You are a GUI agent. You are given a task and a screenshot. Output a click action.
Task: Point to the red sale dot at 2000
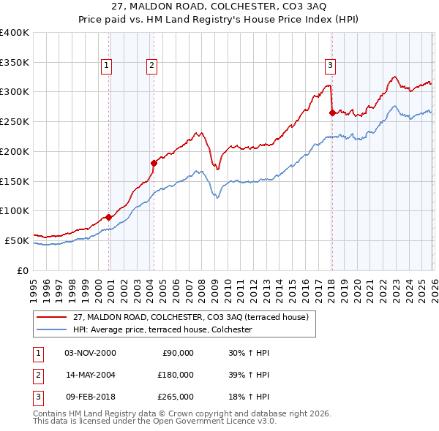pyautogui.click(x=109, y=217)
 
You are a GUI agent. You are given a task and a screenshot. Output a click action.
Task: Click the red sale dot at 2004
pyautogui.click(x=154, y=163)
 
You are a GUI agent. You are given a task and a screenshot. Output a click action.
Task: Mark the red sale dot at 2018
pyautogui.click(x=332, y=112)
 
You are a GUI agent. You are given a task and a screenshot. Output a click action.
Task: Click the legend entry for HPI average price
pyautogui.click(x=162, y=329)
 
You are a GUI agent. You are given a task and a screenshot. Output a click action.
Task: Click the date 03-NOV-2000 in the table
pyautogui.click(x=90, y=353)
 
